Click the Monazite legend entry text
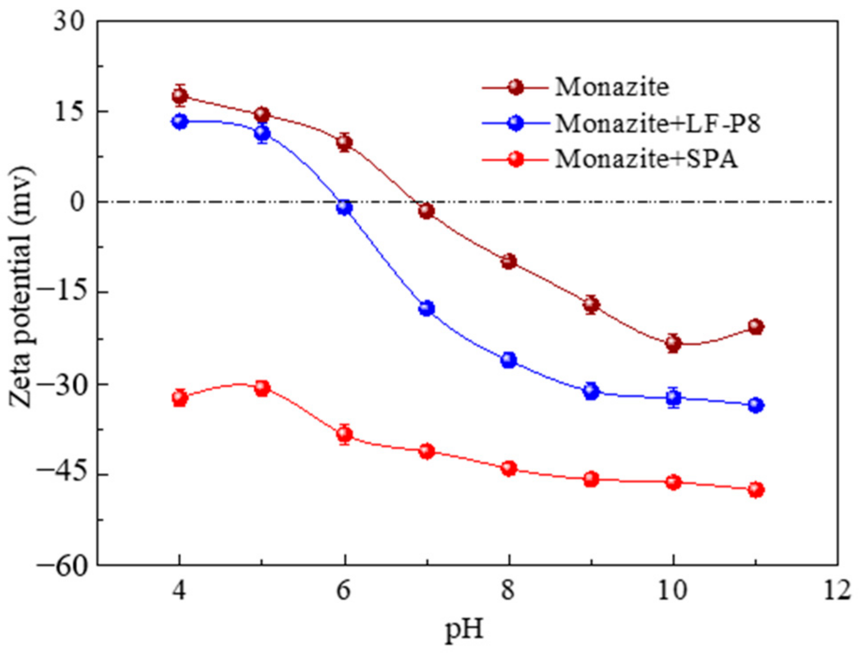612,87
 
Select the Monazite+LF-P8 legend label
658,123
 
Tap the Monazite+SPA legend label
646,159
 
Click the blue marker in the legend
516,123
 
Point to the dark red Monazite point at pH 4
180,95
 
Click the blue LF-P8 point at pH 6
344,207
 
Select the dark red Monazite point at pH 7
426,211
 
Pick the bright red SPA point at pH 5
262,389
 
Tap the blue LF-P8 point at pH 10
674,397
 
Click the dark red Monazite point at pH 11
756,327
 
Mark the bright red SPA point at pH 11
756,490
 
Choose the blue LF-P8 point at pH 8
509,360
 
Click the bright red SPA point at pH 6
344,435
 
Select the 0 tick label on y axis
77,202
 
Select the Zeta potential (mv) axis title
21,287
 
